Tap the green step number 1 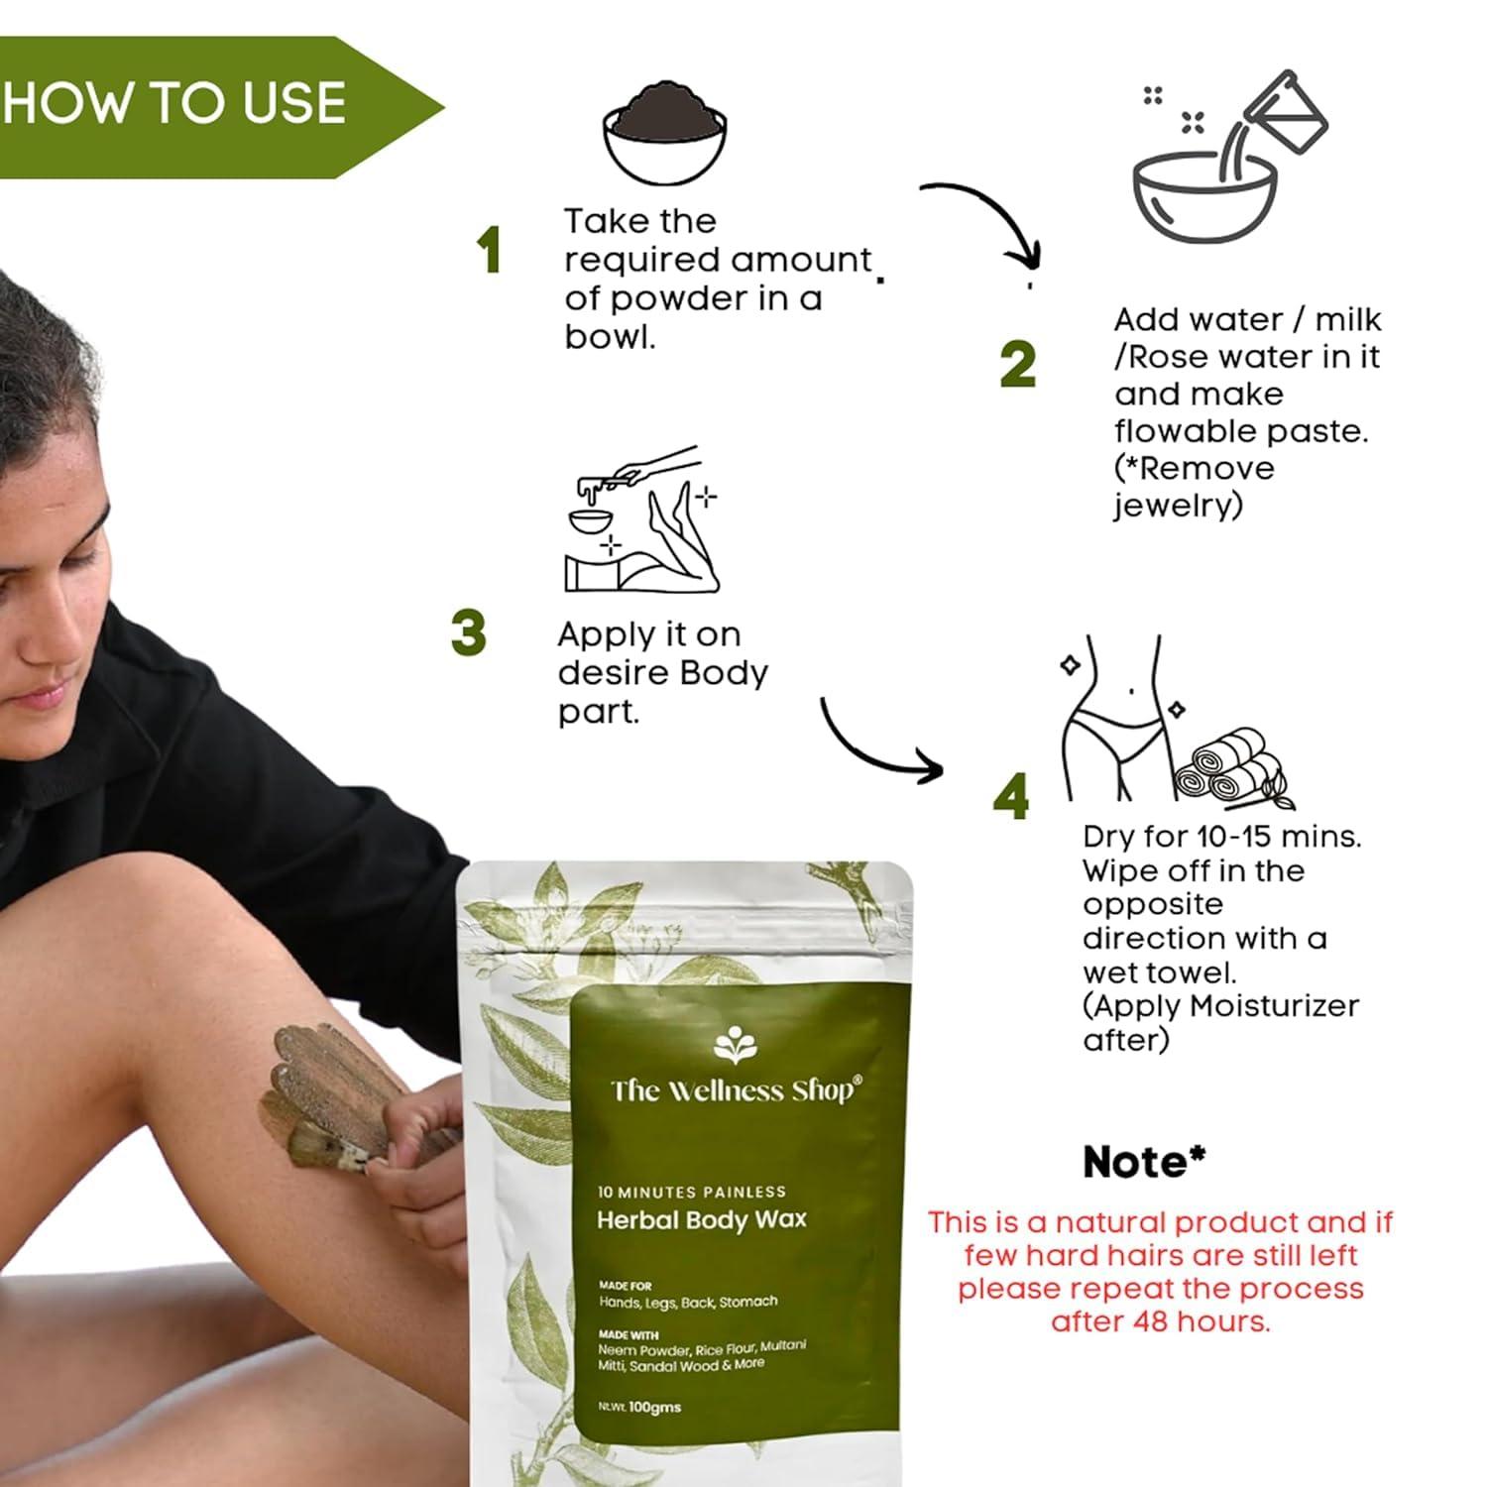(x=488, y=250)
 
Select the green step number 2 (x=1018, y=364)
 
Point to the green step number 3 (x=468, y=633)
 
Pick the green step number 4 (x=1011, y=797)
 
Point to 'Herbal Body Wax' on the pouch (x=701, y=1219)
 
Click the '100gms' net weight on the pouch (x=654, y=1407)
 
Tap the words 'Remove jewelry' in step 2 (x=1195, y=487)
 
